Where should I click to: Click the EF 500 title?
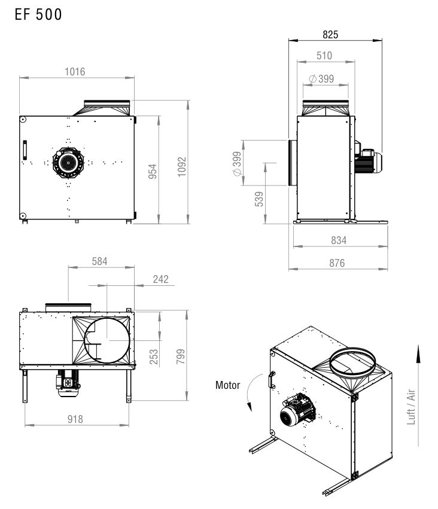(38, 14)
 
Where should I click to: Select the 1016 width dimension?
(75, 71)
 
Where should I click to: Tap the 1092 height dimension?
(182, 167)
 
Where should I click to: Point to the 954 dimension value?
(152, 172)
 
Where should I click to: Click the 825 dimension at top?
(330, 35)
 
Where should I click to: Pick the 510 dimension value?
(324, 56)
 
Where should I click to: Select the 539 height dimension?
(258, 199)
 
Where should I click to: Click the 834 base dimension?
(339, 240)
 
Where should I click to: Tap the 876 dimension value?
(337, 263)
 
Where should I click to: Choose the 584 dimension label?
(99, 261)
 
